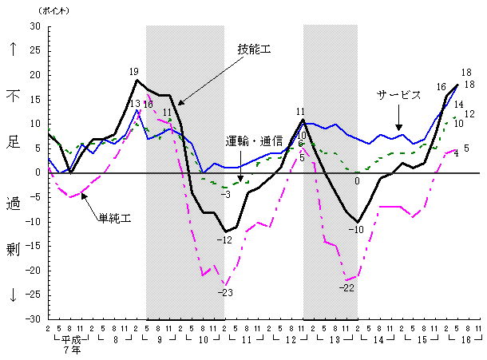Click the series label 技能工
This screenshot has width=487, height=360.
click(x=255, y=49)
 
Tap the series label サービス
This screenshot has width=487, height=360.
click(x=399, y=95)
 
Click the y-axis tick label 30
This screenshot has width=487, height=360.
click(x=35, y=26)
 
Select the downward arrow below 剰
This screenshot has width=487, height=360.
click(x=14, y=295)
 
